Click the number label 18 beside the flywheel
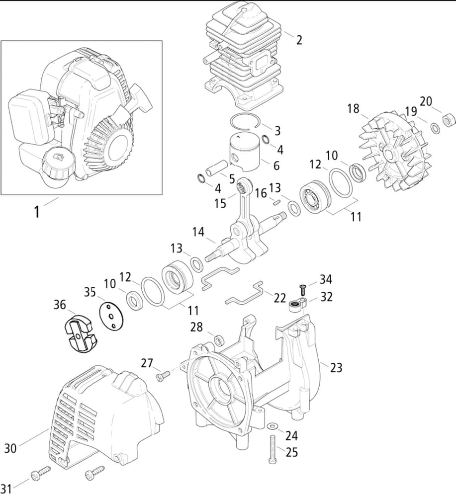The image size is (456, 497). click(x=354, y=108)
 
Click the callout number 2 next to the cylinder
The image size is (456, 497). click(x=299, y=40)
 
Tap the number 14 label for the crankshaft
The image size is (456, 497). click(x=198, y=231)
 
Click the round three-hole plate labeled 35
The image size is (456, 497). click(x=110, y=315)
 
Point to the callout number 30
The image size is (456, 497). click(x=10, y=448)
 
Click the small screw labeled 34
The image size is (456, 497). click(x=302, y=287)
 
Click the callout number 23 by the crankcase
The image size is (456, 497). click(x=336, y=368)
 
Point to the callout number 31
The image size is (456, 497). click(x=7, y=488)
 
